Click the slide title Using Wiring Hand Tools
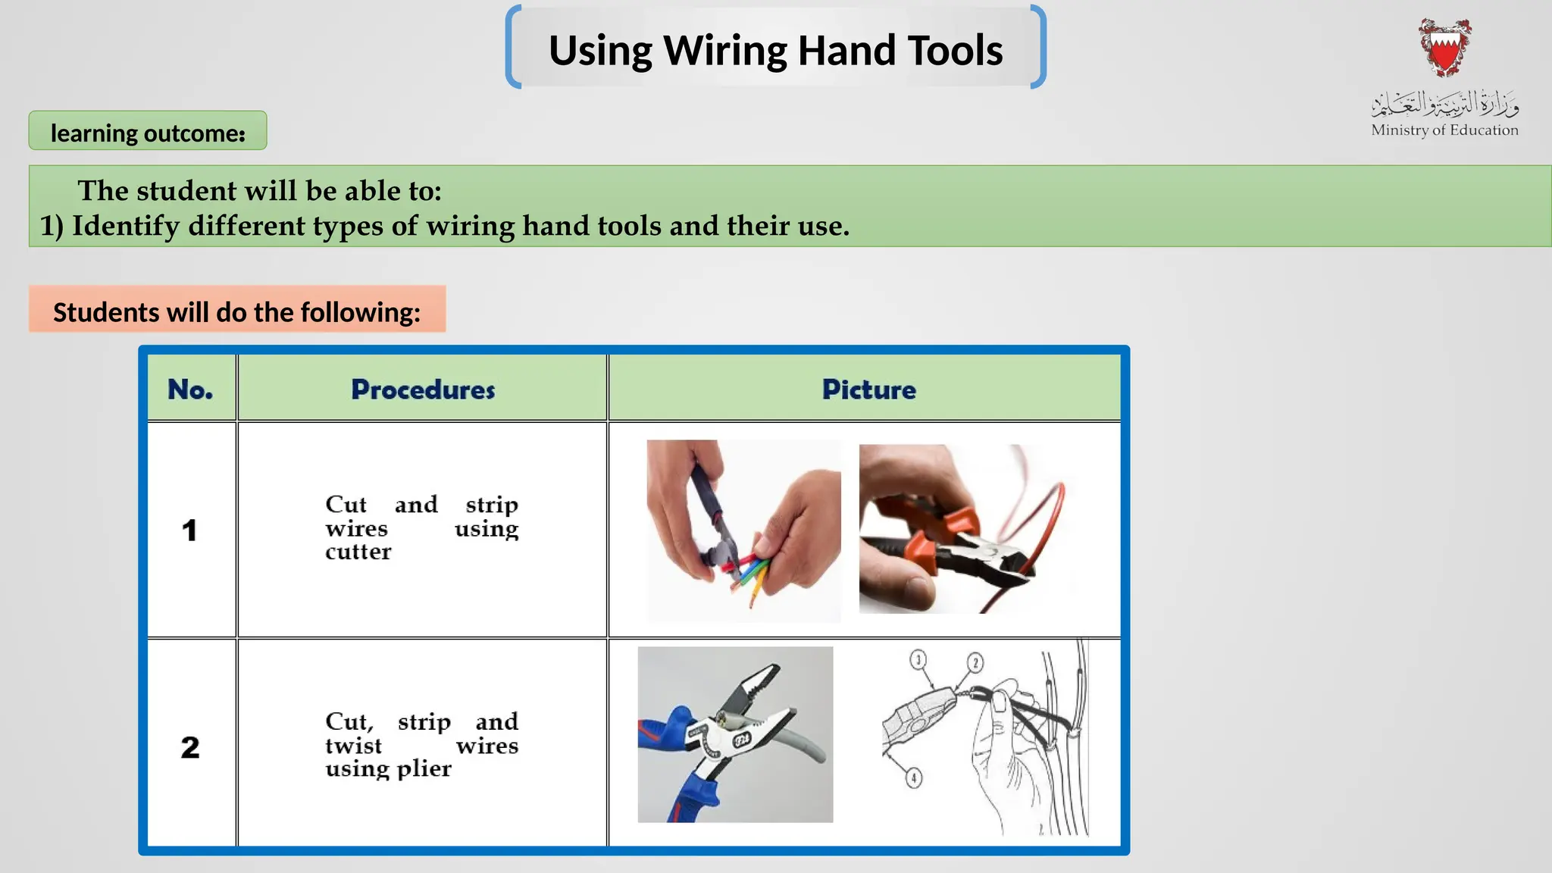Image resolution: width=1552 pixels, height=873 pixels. point(775,50)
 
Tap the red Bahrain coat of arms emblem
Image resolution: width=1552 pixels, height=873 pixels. point(1445,48)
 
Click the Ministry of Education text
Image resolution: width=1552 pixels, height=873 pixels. point(1444,130)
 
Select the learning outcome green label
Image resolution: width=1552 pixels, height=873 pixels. point(148,133)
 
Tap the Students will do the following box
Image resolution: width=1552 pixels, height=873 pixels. point(236,311)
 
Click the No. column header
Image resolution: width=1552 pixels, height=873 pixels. point(190,390)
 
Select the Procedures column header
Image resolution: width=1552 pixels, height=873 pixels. point(423,390)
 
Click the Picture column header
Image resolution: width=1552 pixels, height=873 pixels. point(868,390)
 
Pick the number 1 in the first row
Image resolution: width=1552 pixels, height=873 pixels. point(189,530)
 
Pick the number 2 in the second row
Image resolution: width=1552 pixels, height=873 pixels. point(189,747)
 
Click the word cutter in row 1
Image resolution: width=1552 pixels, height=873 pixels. point(358,552)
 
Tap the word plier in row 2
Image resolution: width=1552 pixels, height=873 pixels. point(424,768)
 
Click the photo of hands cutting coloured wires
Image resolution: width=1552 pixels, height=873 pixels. point(743,530)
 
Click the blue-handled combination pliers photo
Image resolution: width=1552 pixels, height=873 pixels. point(735,734)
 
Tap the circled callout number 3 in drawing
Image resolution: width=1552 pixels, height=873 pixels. point(918,660)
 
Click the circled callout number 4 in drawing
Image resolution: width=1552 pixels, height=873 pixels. point(914,778)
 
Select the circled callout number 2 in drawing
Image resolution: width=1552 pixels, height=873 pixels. point(975,663)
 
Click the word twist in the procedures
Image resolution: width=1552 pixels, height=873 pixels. point(353,746)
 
